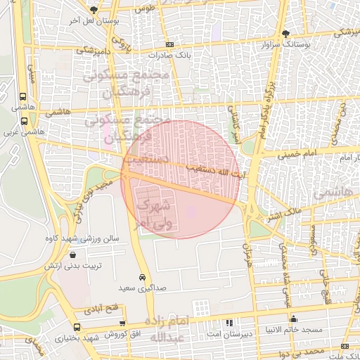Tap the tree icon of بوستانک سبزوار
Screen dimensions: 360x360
pos(285,34)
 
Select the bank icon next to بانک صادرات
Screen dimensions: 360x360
pos(169,44)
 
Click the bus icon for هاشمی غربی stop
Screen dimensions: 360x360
pos(25,120)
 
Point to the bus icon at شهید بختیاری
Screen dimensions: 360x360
pos(77,327)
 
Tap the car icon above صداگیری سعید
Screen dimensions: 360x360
pos(143,277)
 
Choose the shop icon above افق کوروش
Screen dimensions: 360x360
pos(122,323)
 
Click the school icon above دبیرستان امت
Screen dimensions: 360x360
pos(229,323)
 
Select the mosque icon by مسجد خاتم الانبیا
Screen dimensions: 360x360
pos(293,320)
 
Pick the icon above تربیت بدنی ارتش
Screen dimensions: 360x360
pos(74,256)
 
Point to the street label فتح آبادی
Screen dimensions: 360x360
pos(102,309)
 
